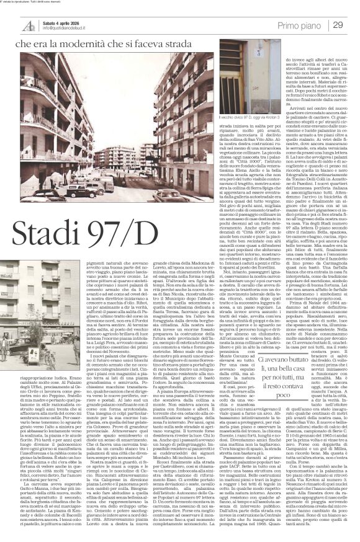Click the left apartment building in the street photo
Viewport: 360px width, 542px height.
[37, 105]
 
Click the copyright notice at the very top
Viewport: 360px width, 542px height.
[37, 2]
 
